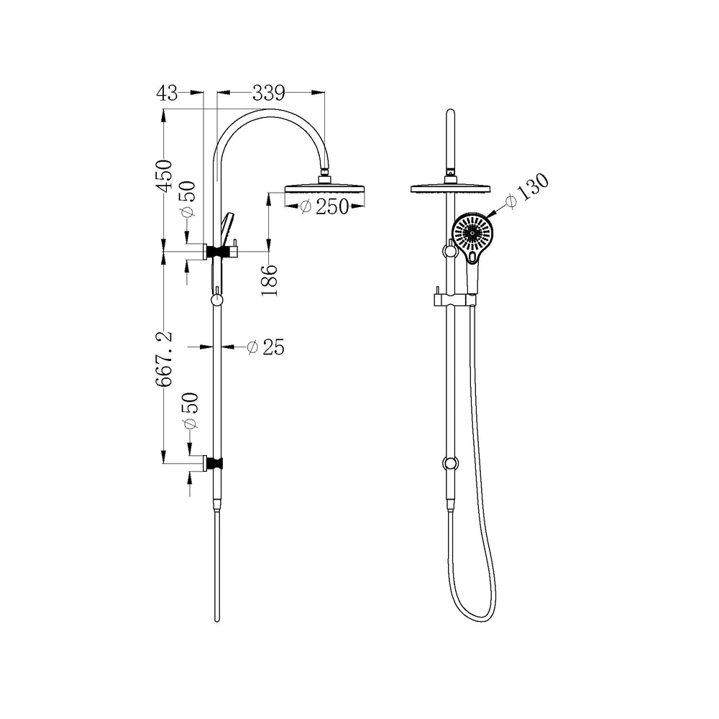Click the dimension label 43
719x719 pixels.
point(167,93)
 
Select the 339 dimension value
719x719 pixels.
point(269,93)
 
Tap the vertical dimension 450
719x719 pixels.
point(164,175)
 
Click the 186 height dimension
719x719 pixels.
point(270,280)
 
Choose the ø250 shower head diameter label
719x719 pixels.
point(325,207)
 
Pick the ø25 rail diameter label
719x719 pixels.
point(265,347)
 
